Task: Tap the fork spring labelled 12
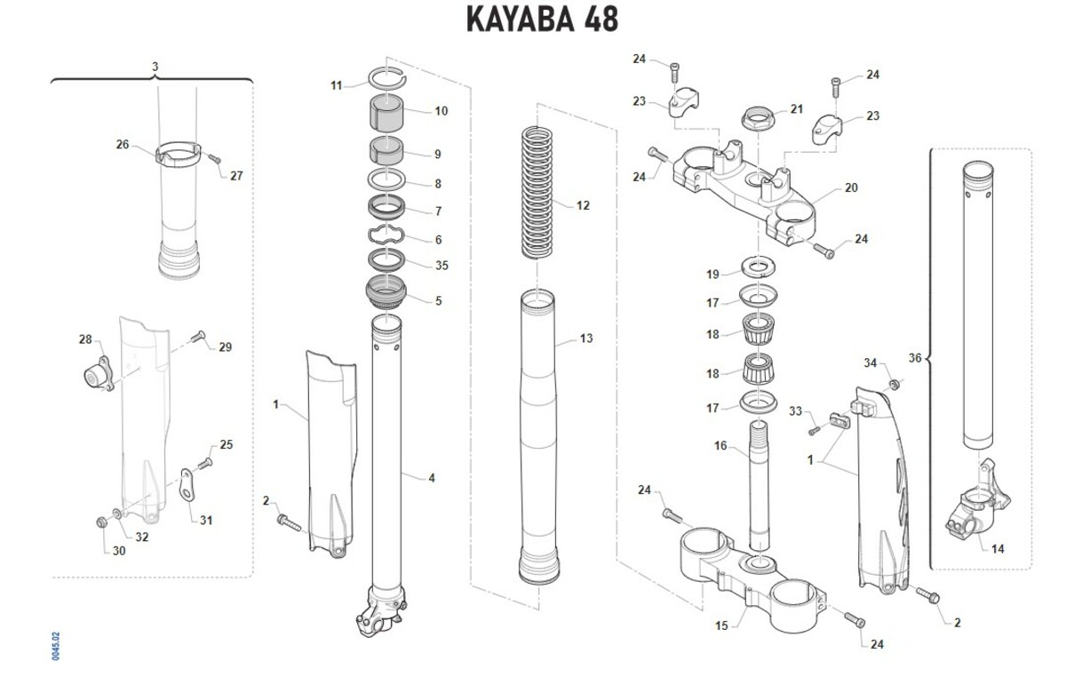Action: pos(538,192)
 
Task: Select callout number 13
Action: pos(585,339)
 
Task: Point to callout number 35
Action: pos(442,266)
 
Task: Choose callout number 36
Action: pos(915,358)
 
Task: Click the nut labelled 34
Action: pos(895,384)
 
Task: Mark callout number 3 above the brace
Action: pos(155,67)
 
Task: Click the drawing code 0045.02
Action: pos(56,646)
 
